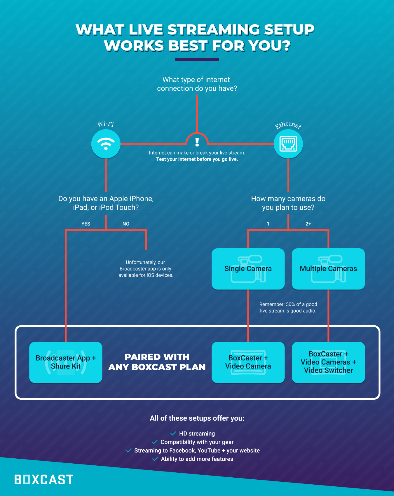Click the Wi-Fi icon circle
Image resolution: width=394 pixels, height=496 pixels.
106,144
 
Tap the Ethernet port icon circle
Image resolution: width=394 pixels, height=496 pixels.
288,144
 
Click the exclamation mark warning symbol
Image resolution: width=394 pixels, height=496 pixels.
197,142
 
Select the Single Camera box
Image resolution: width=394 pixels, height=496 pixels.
248,269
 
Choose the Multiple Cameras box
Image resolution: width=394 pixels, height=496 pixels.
328,269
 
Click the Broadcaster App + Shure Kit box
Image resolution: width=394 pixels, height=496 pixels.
66,362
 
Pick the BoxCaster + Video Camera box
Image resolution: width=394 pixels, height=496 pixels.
248,362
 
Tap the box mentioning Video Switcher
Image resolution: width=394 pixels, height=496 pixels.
328,362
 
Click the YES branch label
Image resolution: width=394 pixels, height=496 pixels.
86,224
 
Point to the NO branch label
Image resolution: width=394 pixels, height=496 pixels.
126,224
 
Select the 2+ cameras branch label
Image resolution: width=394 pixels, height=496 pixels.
308,224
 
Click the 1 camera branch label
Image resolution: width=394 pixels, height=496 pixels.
268,224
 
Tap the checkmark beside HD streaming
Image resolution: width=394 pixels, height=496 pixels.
173,433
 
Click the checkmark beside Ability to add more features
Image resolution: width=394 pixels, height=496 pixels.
155,459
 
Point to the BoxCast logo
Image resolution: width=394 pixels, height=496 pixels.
44,480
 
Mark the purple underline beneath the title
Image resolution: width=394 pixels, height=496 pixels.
197,59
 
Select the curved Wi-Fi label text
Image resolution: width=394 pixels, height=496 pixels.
106,124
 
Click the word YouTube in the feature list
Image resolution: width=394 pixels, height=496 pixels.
209,450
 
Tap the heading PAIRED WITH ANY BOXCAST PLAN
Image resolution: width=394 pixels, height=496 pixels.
157,362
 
